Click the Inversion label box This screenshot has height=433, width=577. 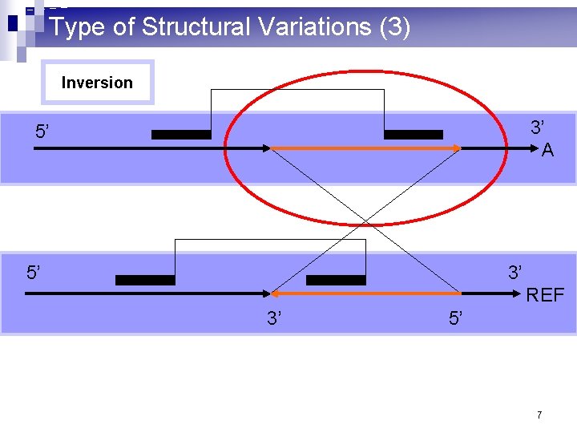coord(97,83)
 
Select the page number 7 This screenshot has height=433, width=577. coord(539,415)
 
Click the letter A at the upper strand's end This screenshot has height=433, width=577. coord(547,151)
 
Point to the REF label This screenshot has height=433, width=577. coord(545,296)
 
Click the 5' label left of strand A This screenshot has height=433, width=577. coord(45,132)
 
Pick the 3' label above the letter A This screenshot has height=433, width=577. coord(538,127)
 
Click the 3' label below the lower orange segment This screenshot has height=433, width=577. coord(274,319)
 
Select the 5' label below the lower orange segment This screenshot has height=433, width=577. coord(456,319)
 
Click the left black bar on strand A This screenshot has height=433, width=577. coord(181,135)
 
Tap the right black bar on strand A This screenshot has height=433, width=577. coord(413,135)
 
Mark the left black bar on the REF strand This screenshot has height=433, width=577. coord(145,281)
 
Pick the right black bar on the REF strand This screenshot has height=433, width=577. coord(336,281)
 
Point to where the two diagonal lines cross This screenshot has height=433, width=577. coord(365,221)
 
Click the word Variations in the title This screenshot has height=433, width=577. coord(309,26)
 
